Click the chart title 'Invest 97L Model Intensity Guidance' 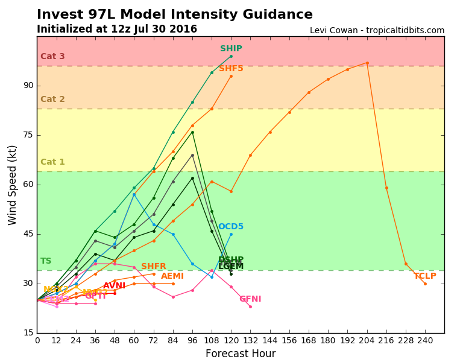pos(175,14)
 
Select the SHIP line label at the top pos(231,49)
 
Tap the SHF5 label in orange pos(231,69)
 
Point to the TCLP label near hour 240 pos(425,276)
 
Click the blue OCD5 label pos(231,227)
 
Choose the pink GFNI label pos(250,299)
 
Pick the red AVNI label pos(114,286)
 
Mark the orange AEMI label pos(172,276)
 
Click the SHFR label pos(154,267)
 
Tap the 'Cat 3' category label pos(52,57)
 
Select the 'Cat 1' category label pos(52,162)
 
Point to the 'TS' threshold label pos(46,261)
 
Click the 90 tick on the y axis pos(28,86)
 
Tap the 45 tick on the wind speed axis pos(28,234)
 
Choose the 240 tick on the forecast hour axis pos(425,340)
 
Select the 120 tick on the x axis pos(231,340)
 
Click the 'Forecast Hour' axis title pos(241,354)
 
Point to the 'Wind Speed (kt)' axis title pos(13,185)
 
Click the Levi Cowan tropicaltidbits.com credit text pos(377,31)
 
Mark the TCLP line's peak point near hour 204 pos(367,63)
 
